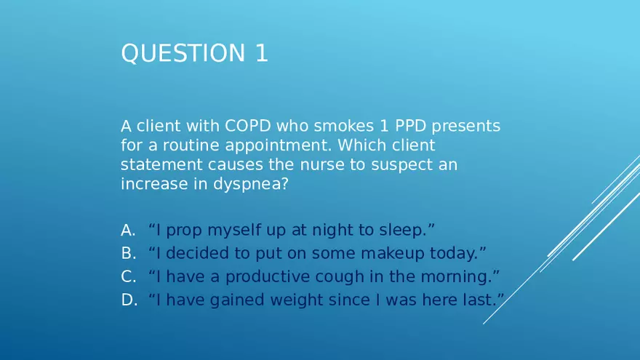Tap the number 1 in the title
pyautogui.click(x=261, y=53)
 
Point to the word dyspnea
pyautogui.click(x=247, y=184)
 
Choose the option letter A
pyautogui.click(x=128, y=231)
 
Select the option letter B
pyautogui.click(x=128, y=253)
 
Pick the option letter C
pyautogui.click(x=128, y=276)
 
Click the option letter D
pyautogui.click(x=129, y=300)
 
